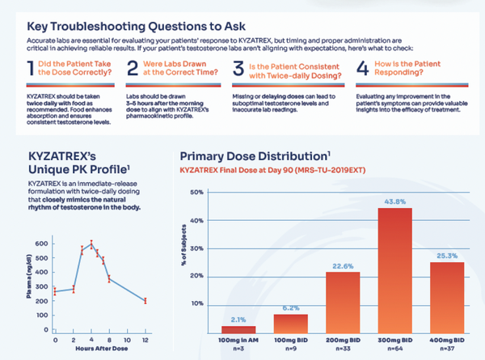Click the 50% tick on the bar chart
pyautogui.click(x=195, y=193)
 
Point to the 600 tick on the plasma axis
pyautogui.click(x=40, y=243)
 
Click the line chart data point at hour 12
pyautogui.click(x=145, y=301)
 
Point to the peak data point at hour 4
pyautogui.click(x=91, y=244)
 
